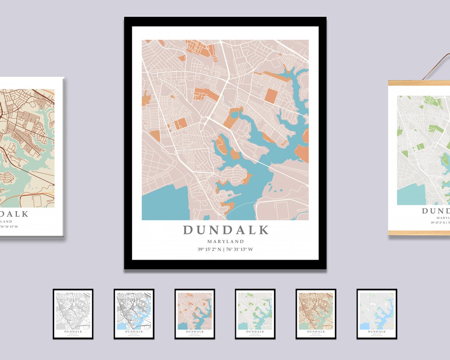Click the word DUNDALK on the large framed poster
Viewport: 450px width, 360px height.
pos(225,230)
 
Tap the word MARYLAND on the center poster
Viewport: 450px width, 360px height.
pos(225,242)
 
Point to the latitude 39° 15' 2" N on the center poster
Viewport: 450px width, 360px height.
pos(209,249)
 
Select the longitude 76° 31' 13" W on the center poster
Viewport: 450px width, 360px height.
pos(240,249)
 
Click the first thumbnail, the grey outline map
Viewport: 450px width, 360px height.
pos(73,314)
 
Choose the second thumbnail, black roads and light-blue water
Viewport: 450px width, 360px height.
pos(134,314)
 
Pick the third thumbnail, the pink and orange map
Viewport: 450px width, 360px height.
pos(195,314)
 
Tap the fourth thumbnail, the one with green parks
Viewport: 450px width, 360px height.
pos(255,314)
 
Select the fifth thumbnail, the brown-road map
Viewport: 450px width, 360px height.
pos(316,314)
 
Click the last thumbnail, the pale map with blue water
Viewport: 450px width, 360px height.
pos(377,314)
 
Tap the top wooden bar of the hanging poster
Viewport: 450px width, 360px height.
pos(418,83)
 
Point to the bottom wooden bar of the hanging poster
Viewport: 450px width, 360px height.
pos(418,233)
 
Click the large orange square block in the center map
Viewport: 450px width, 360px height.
pos(271,96)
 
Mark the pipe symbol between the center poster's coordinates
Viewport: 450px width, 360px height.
pos(223,249)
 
